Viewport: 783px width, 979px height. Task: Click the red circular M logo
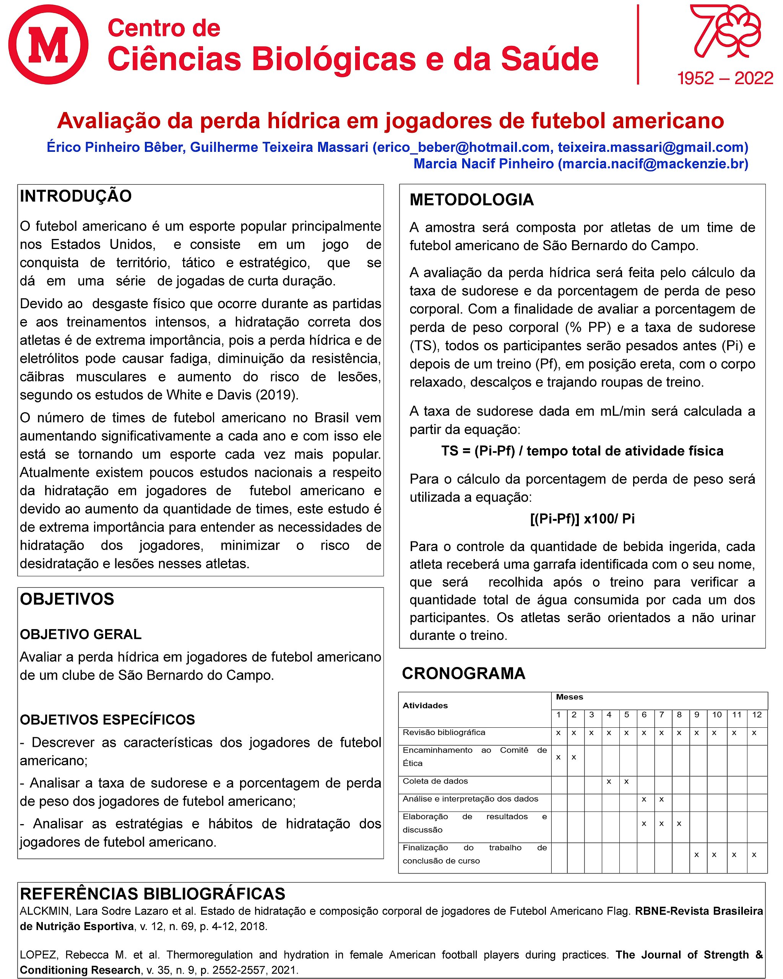[x=48, y=44]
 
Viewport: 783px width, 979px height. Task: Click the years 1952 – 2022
[x=725, y=78]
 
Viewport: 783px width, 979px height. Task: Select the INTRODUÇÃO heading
[x=76, y=196]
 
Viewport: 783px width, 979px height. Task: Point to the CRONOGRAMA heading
[x=463, y=673]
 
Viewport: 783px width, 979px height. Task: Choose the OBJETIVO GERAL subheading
[x=81, y=634]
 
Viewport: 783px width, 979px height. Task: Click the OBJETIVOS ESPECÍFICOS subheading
[x=107, y=719]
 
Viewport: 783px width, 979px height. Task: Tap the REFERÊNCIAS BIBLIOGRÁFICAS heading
[x=153, y=894]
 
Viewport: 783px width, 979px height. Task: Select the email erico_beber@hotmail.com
[x=461, y=147]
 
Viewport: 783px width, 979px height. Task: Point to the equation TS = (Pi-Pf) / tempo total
[x=582, y=451]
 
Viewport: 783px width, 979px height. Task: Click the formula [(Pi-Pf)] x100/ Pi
[x=582, y=519]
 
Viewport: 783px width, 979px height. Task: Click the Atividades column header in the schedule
[x=425, y=705]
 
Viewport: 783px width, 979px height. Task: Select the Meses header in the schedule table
[x=569, y=696]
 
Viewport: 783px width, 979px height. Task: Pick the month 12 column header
[x=756, y=714]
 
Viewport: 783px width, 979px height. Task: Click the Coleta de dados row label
[x=435, y=781]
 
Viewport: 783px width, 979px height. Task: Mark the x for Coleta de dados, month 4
[x=609, y=781]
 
